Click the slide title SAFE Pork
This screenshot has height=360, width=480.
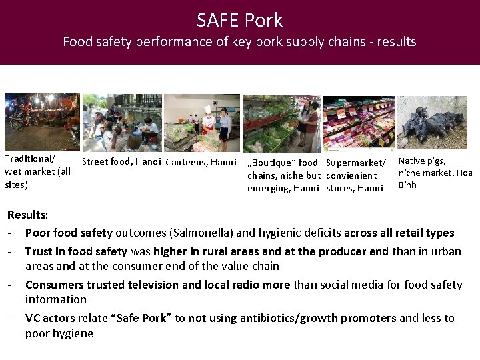click(239, 20)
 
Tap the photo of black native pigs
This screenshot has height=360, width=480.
click(431, 123)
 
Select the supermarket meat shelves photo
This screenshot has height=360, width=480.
click(359, 123)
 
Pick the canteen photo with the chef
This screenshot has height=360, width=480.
click(202, 123)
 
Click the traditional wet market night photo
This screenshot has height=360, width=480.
click(41, 121)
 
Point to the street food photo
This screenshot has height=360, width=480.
click(121, 123)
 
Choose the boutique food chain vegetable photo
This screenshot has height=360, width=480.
click(281, 123)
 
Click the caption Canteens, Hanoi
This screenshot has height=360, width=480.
click(201, 162)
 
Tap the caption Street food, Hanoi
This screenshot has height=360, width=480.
click(121, 162)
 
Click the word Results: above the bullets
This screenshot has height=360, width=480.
click(28, 215)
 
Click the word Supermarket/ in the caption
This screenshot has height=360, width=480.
click(356, 163)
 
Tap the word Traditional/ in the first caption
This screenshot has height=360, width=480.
click(29, 159)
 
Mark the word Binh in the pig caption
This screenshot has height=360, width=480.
click(407, 185)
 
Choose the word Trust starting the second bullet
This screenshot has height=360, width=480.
click(39, 251)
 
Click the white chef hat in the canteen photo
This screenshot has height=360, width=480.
click(208, 109)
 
